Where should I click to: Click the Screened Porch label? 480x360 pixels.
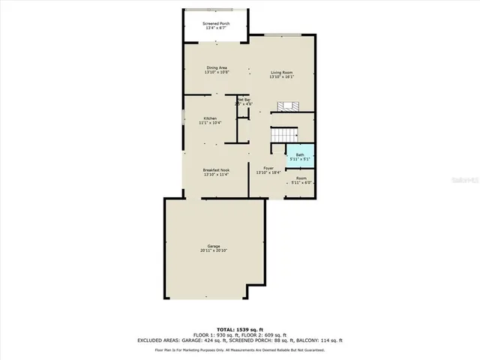(216, 24)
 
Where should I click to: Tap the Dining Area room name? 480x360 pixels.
(217, 69)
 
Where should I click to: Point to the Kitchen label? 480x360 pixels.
(210, 118)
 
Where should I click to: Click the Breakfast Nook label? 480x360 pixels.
(216, 170)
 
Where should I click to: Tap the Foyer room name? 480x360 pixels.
(268, 169)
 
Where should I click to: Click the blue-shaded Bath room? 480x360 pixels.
(300, 157)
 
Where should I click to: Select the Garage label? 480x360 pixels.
(214, 247)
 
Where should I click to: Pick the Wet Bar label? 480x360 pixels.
(244, 99)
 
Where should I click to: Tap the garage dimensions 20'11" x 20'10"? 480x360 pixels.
(214, 251)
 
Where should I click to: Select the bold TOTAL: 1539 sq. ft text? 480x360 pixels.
(240, 329)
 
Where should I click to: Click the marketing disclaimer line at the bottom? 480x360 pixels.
(240, 350)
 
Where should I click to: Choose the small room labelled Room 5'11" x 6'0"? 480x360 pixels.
(300, 180)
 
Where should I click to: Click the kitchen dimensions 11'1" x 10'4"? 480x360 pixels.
(210, 123)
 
